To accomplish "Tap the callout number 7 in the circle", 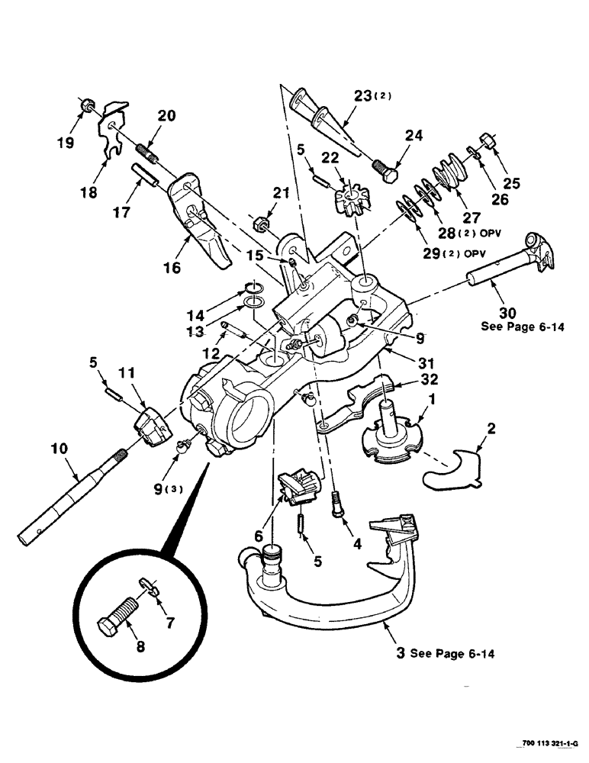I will [169, 623].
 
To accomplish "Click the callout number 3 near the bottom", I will [399, 654].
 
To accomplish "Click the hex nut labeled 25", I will [488, 140].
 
